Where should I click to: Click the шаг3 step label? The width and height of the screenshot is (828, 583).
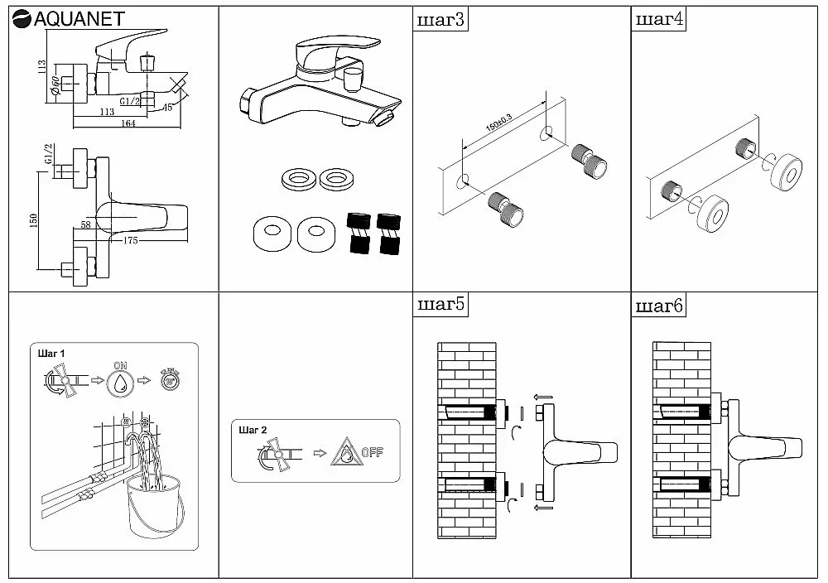[440, 20]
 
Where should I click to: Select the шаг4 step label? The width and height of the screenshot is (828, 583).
[658, 20]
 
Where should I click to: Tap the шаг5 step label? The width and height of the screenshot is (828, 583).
[440, 306]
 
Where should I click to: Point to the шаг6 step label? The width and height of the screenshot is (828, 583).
[658, 306]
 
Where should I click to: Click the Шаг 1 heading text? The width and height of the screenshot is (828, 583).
[51, 353]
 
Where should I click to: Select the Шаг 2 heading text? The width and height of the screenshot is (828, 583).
[252, 431]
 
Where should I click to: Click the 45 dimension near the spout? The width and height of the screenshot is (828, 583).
[167, 107]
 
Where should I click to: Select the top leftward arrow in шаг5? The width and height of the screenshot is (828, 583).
[542, 397]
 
